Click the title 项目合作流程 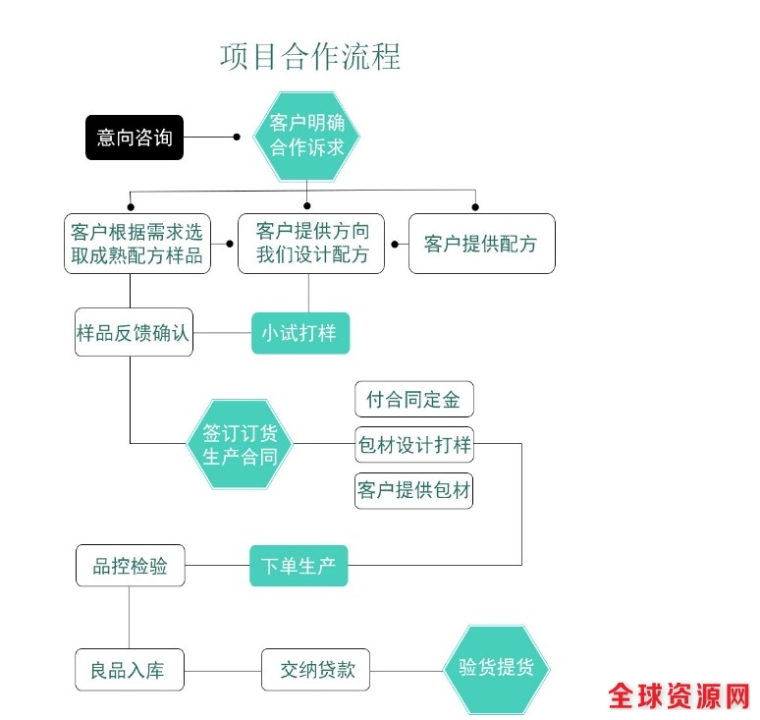[x=310, y=55]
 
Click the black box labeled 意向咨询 [x=135, y=138]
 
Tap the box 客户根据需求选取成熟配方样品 [x=136, y=244]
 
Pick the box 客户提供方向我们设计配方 [x=311, y=244]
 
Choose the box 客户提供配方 [x=481, y=244]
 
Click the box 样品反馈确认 [x=134, y=332]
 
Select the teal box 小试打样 [x=299, y=333]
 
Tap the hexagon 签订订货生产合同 [x=240, y=444]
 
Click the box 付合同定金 [x=413, y=400]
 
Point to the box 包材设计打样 [x=413, y=445]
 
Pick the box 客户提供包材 [x=413, y=490]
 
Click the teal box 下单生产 [x=299, y=566]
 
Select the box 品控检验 [x=131, y=566]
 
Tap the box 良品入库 [x=130, y=671]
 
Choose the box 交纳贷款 [x=315, y=671]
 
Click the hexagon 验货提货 [x=496, y=669]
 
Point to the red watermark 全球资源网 [x=679, y=696]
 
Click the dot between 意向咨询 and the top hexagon [x=237, y=138]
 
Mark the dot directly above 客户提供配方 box [x=476, y=206]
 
